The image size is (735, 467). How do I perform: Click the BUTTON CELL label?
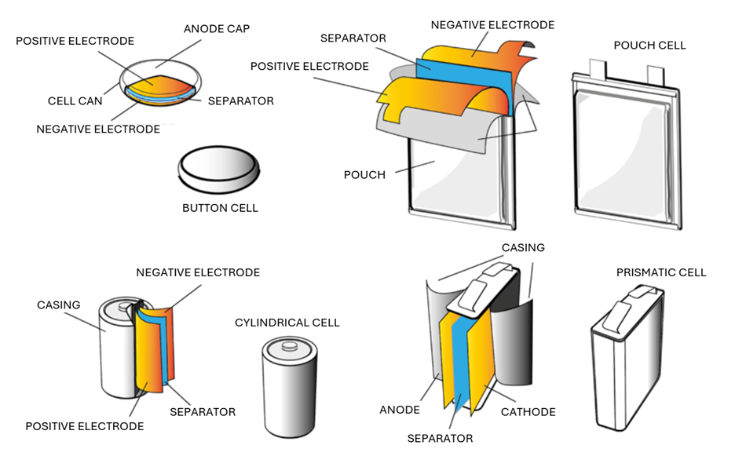[x=220, y=208]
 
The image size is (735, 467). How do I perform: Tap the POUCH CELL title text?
[x=649, y=46]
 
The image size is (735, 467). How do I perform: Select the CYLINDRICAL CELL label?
[x=287, y=323]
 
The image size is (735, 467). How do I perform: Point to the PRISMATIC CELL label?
[x=661, y=272]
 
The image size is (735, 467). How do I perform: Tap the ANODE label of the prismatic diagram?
[x=400, y=410]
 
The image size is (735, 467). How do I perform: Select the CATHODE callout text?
[x=529, y=411]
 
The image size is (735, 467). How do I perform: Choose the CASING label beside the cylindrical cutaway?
[x=59, y=305]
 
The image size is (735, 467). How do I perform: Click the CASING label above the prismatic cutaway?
[x=523, y=247]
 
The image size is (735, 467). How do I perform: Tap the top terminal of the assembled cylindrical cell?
[x=289, y=343]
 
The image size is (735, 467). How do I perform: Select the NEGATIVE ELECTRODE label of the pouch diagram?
[x=492, y=25]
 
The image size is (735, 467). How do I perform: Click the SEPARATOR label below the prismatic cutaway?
[x=440, y=438]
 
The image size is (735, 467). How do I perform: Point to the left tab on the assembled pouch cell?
[x=602, y=67]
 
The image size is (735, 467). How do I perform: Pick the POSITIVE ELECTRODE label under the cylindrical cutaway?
[x=85, y=426]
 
